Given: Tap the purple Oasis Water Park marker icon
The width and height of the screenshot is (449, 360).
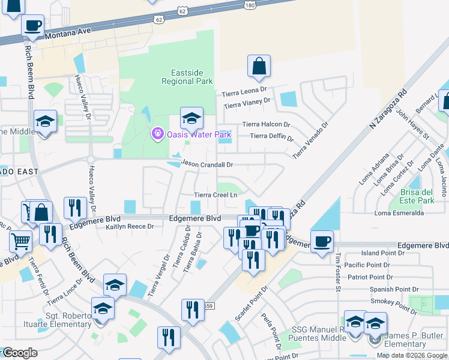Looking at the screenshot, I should (x=158, y=133).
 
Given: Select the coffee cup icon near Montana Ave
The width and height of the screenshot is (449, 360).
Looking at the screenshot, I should (x=32, y=26).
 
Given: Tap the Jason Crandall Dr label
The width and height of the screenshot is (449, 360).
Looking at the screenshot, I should (x=207, y=164).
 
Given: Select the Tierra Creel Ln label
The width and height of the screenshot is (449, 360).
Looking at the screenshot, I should (x=215, y=195).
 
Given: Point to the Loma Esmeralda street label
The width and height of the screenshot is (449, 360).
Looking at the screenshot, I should (x=399, y=213).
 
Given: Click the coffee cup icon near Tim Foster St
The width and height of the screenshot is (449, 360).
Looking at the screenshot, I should (x=322, y=242).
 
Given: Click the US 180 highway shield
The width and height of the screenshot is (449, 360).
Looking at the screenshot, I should (x=250, y=5).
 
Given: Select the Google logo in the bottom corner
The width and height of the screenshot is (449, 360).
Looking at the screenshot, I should (x=19, y=353).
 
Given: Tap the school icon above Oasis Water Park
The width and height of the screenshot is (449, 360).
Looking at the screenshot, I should (x=191, y=118).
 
